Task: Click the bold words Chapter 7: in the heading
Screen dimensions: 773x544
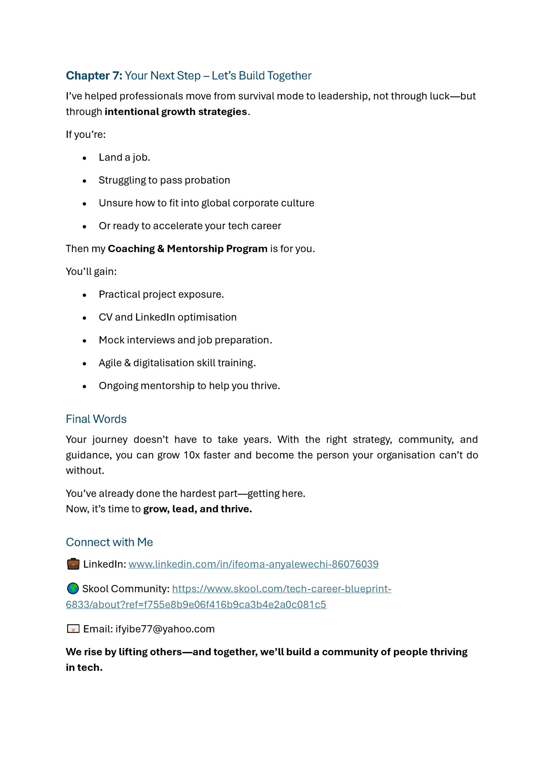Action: [x=94, y=75]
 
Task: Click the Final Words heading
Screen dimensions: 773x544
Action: [x=96, y=419]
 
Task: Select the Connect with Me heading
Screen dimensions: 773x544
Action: [x=109, y=542]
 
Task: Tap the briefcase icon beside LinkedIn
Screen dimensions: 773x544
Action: [x=73, y=564]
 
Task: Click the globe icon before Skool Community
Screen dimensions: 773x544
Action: [x=73, y=589]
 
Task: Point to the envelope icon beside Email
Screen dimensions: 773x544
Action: [x=73, y=629]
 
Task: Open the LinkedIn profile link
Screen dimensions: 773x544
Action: [x=253, y=564]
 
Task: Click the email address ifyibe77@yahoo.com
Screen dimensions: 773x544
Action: [x=165, y=629]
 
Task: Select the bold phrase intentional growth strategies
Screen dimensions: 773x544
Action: [x=176, y=112]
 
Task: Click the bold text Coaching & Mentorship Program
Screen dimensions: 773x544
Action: [x=187, y=249]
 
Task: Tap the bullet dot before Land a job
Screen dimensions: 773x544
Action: [x=85, y=158]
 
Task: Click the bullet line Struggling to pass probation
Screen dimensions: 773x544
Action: [x=164, y=180]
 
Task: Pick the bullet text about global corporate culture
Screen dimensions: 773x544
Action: [x=206, y=203]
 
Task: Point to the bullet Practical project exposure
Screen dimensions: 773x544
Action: [x=161, y=294]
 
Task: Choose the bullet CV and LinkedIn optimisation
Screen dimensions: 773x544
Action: [x=168, y=317]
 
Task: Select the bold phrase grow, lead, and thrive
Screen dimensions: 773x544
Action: [x=197, y=509]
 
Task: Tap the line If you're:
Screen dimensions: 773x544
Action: [x=86, y=135]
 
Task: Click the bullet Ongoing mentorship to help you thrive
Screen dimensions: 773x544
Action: [x=189, y=386]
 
